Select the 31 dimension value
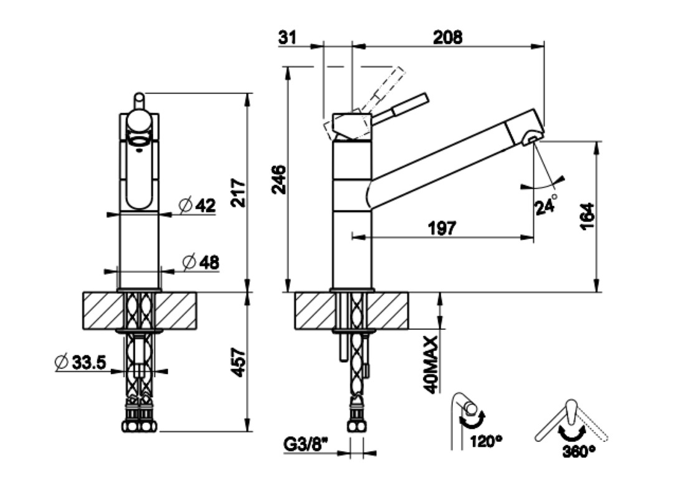(287, 37)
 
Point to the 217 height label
(239, 193)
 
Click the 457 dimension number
(239, 362)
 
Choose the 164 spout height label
(587, 215)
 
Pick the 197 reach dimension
(442, 228)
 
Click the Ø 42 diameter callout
(197, 205)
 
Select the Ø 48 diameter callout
(201, 262)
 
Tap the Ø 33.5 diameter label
(81, 362)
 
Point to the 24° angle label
(546, 204)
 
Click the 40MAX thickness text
(430, 365)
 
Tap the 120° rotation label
(487, 441)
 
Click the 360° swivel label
(579, 451)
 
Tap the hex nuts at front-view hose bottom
(139, 426)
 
